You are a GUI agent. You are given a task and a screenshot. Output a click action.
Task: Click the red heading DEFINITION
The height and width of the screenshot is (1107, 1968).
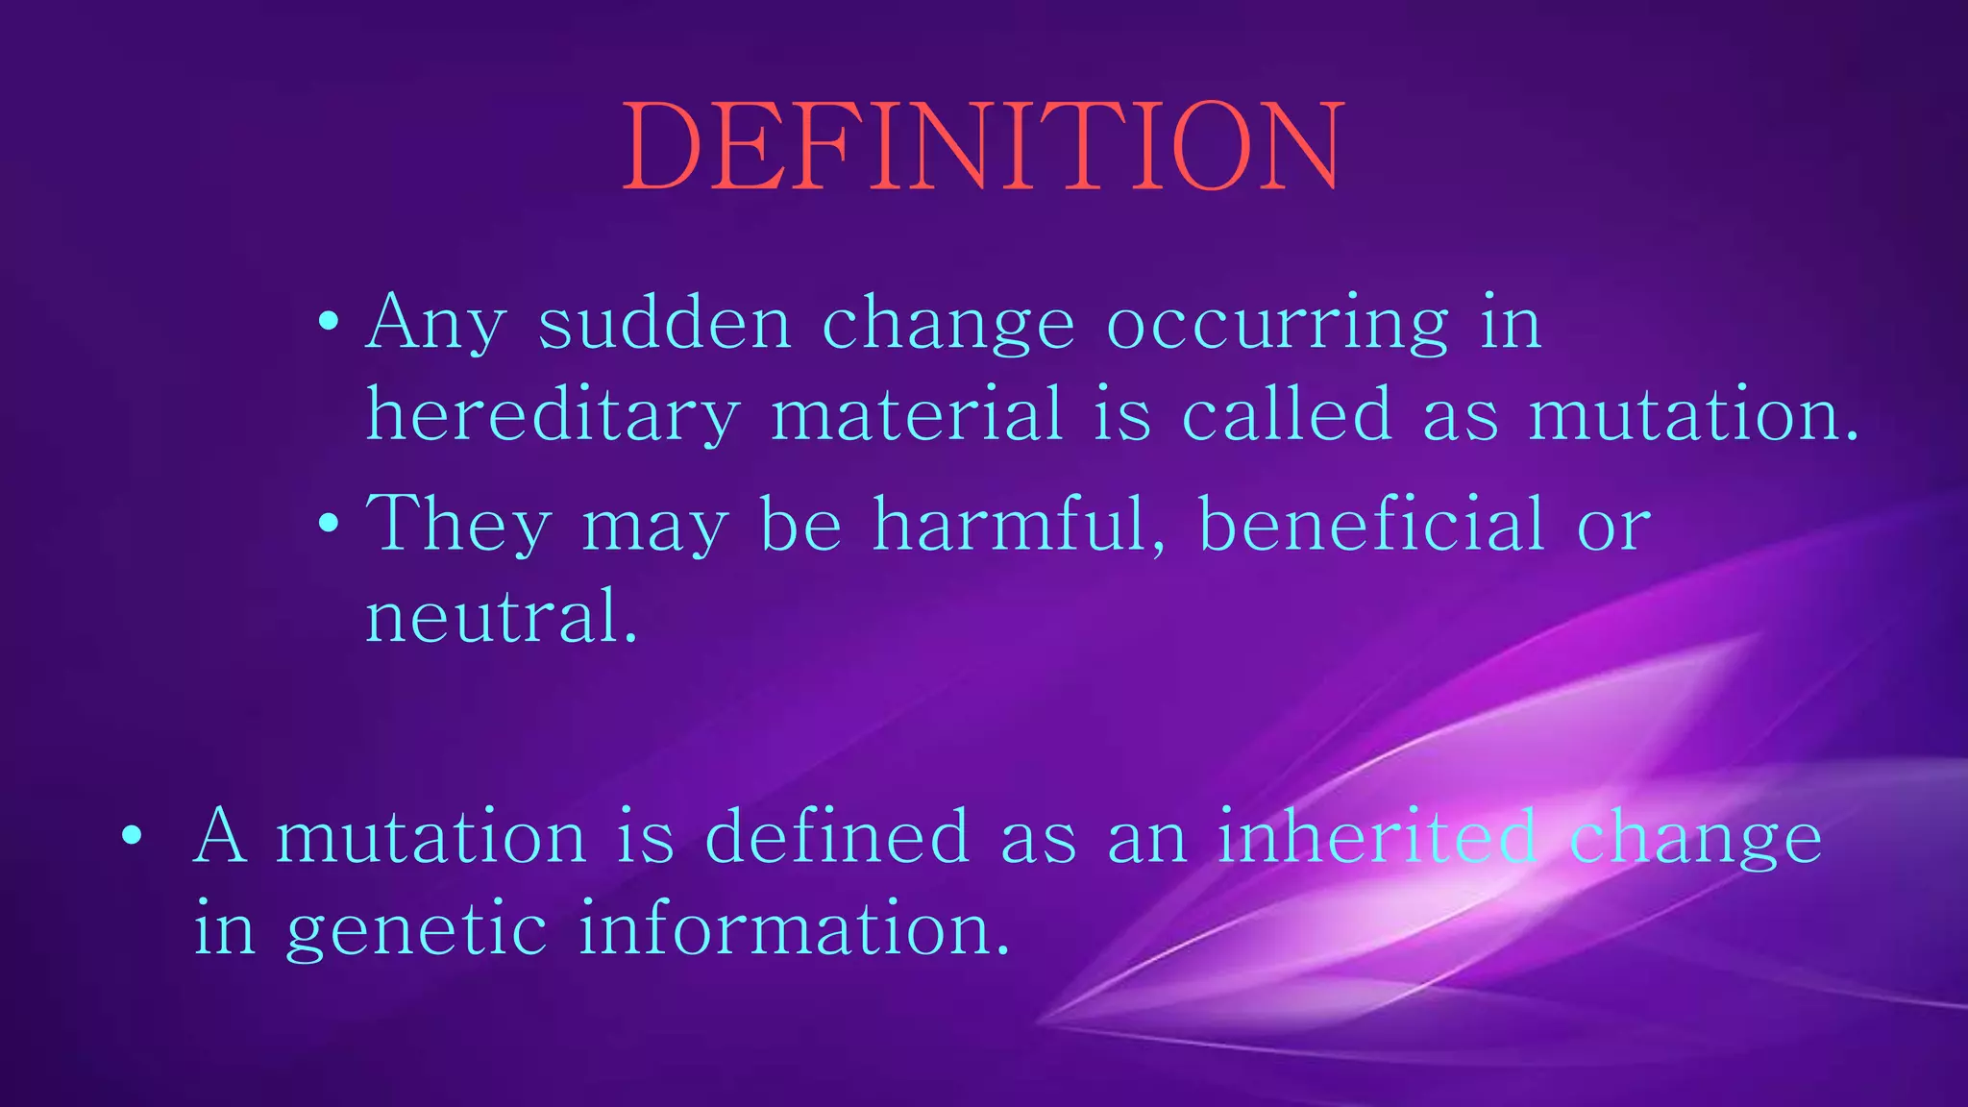point(982,147)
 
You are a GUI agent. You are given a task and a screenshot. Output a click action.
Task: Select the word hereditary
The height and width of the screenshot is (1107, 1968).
point(553,415)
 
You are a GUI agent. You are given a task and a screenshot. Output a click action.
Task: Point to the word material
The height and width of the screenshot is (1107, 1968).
point(917,415)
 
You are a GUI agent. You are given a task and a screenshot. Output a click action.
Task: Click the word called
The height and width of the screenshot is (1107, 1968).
point(1287,415)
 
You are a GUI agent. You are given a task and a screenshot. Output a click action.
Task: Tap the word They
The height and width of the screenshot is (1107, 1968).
point(459,525)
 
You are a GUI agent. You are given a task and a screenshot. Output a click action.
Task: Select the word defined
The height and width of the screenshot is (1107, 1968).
point(837,836)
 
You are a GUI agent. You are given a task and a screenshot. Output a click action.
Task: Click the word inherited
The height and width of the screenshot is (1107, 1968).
point(1377,836)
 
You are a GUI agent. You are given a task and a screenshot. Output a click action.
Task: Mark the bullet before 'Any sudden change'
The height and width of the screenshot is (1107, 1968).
point(329,322)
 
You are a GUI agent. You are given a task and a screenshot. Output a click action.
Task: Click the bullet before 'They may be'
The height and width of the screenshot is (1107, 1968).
point(329,524)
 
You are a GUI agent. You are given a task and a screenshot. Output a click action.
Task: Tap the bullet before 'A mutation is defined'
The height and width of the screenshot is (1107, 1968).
point(133,835)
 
